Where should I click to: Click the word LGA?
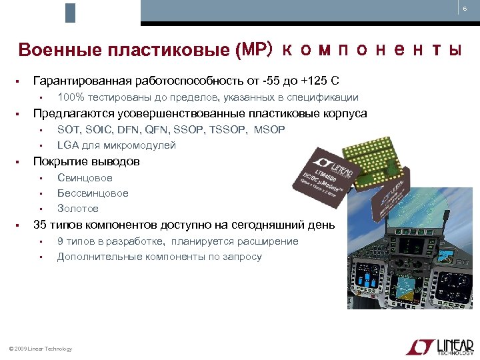click(67, 145)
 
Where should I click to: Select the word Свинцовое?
click(85, 178)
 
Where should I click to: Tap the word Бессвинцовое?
click(93, 193)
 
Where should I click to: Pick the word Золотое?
click(77, 209)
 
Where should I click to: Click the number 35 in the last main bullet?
click(39, 225)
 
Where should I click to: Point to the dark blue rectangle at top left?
click(70, 13)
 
